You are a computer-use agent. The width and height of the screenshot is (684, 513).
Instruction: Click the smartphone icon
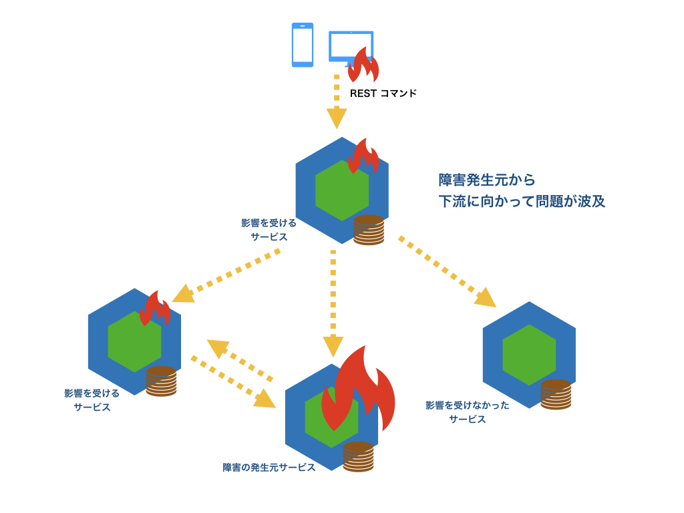coord(302,45)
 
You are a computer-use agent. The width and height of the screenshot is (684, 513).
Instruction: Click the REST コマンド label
coord(383,94)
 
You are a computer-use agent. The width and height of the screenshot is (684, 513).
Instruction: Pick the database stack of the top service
coord(369,230)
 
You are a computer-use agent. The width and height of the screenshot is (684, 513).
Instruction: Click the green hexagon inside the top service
coord(342,190)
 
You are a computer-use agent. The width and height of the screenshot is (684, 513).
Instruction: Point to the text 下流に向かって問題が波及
coord(522,201)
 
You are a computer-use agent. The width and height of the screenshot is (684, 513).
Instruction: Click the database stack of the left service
coord(161,381)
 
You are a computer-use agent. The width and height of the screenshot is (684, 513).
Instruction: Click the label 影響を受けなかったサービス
coord(468,412)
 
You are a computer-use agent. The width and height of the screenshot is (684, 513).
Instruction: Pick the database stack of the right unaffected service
coord(556,394)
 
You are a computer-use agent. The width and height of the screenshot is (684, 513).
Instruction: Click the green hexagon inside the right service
coord(529,355)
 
